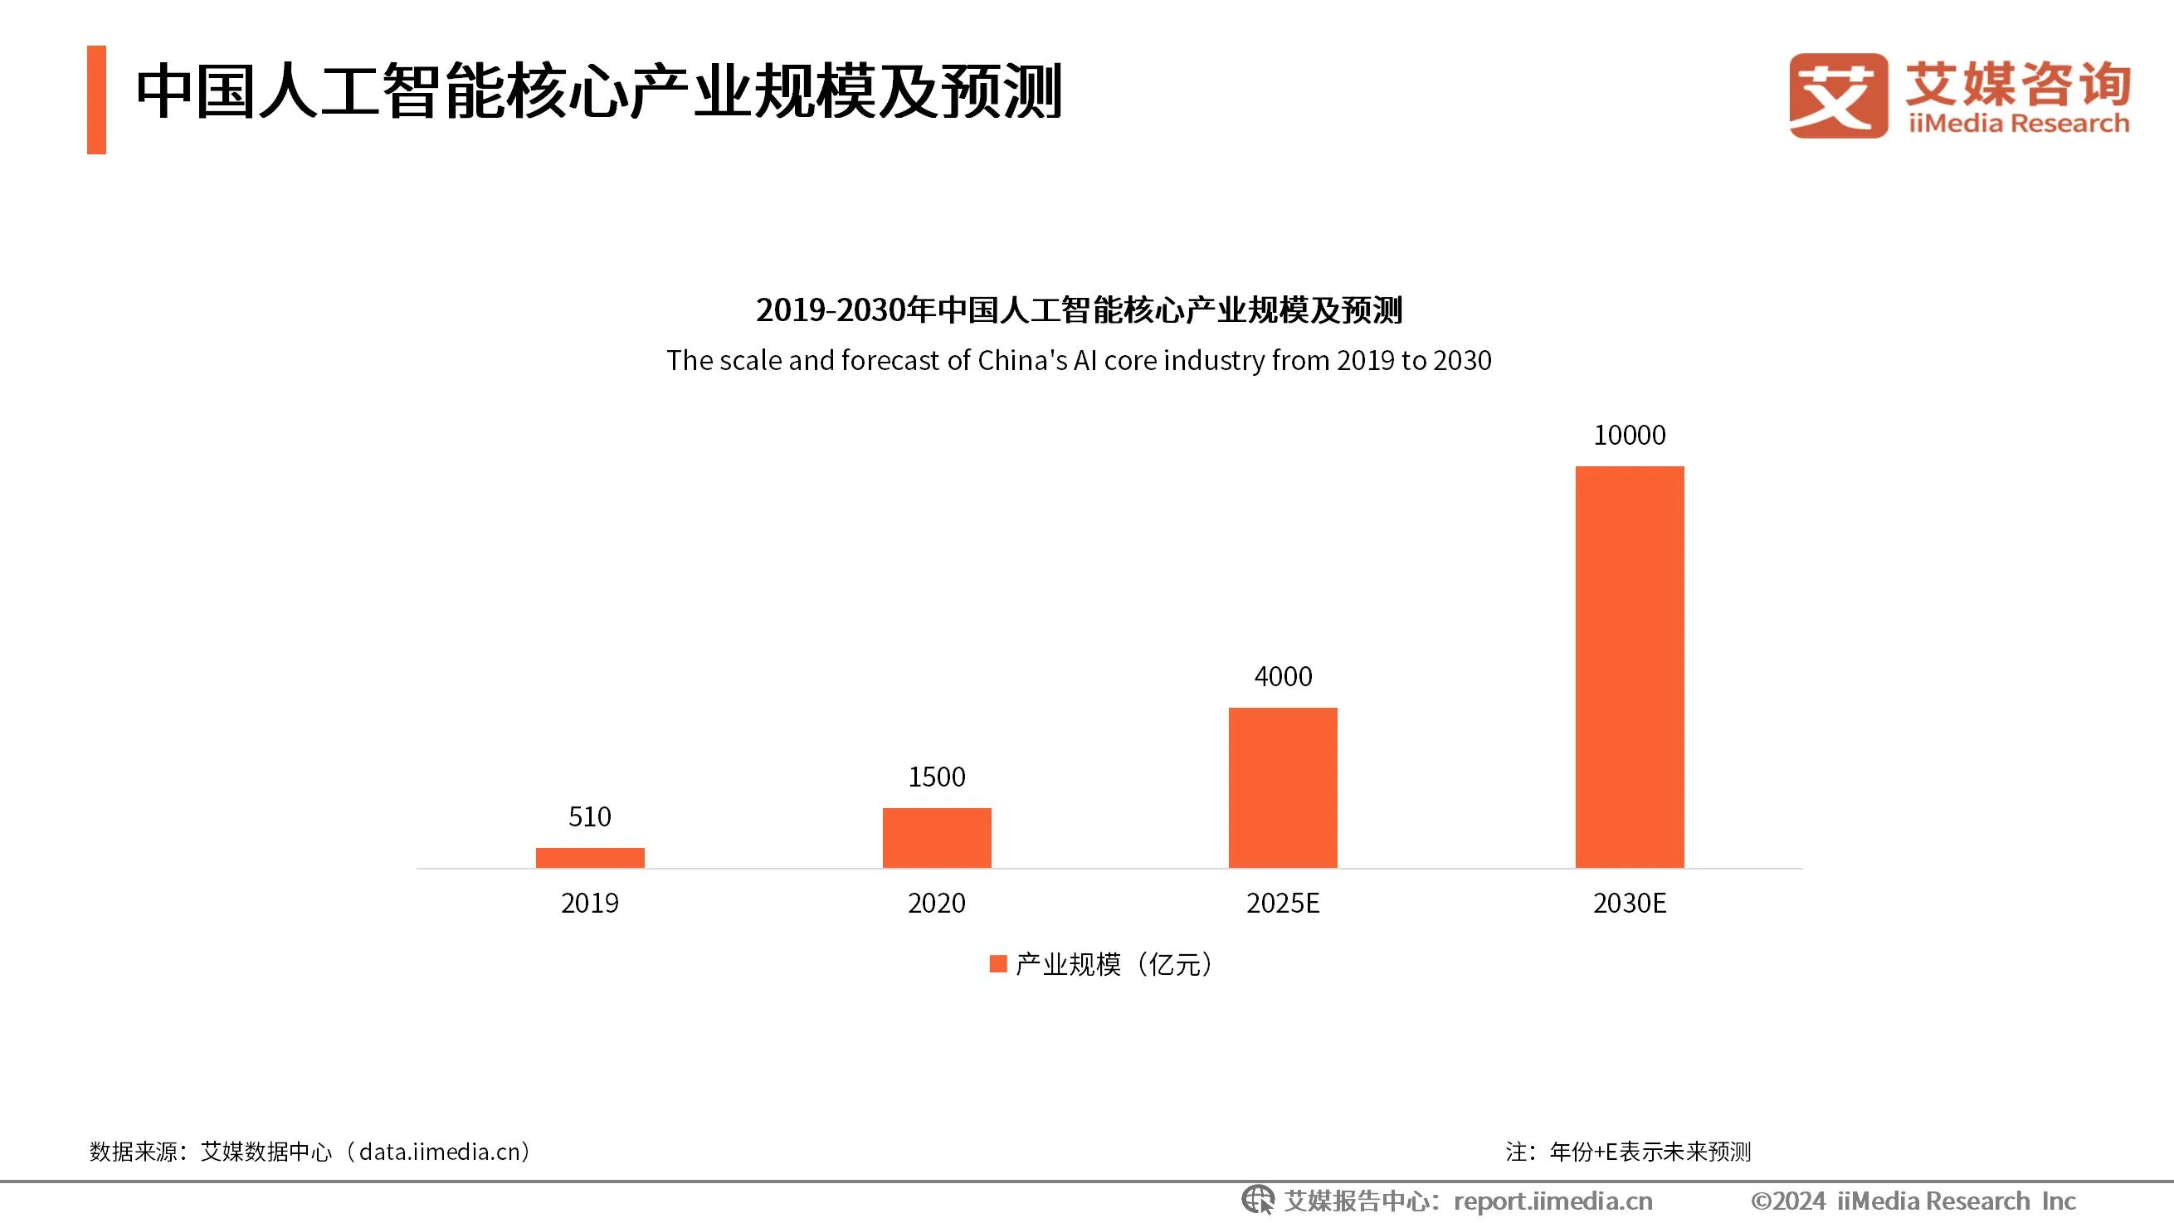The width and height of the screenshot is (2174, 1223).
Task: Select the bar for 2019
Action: pos(590,858)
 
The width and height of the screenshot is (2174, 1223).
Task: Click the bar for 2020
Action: pos(937,837)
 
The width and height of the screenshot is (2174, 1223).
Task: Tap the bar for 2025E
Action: pos(1283,787)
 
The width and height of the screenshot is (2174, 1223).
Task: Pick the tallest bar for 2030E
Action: pos(1630,667)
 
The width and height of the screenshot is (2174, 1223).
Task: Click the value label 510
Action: pos(590,816)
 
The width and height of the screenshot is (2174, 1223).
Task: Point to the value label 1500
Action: pos(937,777)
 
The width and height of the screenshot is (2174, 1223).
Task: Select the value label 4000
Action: pos(1283,676)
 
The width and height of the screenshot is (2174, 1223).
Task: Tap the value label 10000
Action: pos(1630,435)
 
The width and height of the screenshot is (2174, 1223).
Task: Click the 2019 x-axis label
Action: pos(590,903)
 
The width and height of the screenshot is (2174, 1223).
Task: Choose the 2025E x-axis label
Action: pos(1283,903)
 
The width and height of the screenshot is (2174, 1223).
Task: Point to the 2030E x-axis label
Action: pos(1630,903)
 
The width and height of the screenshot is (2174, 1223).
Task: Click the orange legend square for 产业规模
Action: pos(998,964)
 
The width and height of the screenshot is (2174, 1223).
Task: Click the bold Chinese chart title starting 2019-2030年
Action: pos(1079,309)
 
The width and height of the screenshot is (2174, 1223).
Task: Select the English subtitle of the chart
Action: pos(1079,360)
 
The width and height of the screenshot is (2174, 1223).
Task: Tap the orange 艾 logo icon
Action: pos(1838,95)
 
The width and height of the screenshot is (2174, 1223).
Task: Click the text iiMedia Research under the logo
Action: pos(2019,124)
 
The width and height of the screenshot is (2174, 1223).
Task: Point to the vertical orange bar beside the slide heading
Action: pos(96,100)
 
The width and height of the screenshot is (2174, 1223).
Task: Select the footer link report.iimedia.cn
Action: pos(1553,1201)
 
